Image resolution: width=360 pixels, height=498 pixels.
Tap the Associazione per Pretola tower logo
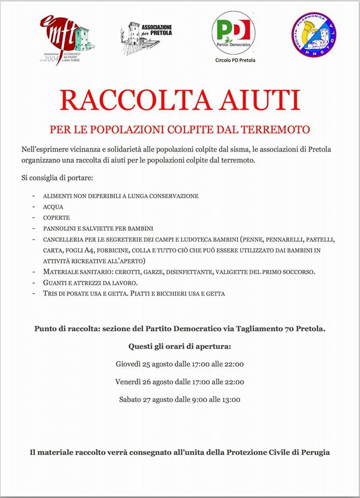[146, 37]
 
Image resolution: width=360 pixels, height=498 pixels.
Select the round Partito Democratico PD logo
[233, 32]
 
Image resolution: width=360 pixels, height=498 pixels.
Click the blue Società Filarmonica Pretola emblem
[314, 35]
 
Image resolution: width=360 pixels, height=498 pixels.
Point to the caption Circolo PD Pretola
[235, 60]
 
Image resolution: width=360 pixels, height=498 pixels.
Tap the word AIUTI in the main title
[261, 100]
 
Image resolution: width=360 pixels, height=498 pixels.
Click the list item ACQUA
[53, 207]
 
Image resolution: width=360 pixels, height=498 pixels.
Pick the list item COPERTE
[57, 218]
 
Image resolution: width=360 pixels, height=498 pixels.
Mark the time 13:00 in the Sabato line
[230, 399]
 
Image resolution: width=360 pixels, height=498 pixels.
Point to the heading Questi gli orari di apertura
[179, 346]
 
